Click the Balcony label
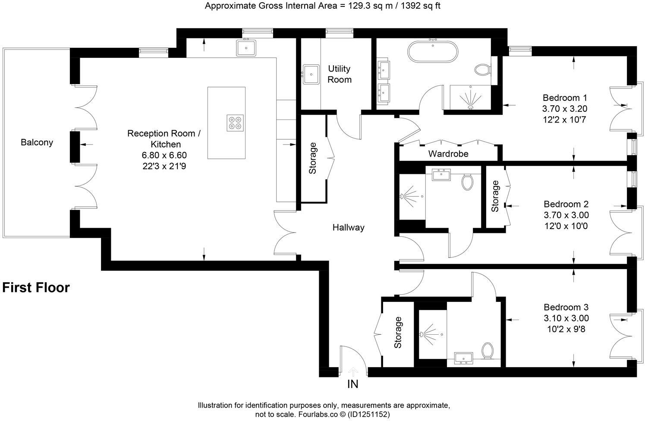37,142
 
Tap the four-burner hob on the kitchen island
235,123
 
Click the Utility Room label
340,74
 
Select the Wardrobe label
448,154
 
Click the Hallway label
348,227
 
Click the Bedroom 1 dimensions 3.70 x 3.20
565,109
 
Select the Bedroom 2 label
566,204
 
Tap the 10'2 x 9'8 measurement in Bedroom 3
566,330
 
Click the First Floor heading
36,287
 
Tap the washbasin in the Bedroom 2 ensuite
440,174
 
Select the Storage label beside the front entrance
398,333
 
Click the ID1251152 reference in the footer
370,415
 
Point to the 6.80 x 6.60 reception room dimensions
164,155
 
